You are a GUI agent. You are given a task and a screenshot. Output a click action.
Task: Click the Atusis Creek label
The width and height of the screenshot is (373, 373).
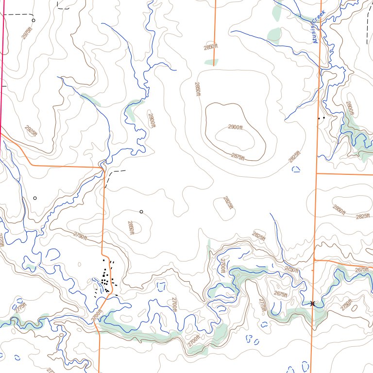(x=319, y=27)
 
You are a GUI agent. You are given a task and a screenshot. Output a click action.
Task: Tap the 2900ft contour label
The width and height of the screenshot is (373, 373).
(x=235, y=127)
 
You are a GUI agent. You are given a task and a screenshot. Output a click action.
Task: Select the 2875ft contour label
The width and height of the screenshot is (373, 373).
(x=238, y=156)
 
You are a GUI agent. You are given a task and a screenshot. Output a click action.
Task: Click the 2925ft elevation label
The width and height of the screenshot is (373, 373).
(x=31, y=131)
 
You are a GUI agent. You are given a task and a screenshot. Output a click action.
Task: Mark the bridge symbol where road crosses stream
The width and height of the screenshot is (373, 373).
(x=312, y=304)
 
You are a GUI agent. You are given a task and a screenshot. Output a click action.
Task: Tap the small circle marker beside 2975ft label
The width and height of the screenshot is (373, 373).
(x=34, y=20)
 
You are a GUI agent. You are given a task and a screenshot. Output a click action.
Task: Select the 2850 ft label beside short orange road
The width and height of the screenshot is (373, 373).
(x=211, y=47)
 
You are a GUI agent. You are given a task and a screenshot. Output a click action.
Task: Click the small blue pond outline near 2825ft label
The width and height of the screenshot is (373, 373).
(x=296, y=169)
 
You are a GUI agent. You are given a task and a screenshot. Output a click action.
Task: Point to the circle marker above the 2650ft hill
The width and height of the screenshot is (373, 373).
(x=141, y=212)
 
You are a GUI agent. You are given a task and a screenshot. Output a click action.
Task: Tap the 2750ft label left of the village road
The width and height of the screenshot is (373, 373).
(x=80, y=236)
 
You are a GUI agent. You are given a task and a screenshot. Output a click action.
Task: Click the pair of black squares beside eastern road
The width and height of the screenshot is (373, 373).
(x=321, y=118)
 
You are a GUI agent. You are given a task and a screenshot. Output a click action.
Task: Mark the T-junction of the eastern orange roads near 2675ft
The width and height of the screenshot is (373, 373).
(x=314, y=260)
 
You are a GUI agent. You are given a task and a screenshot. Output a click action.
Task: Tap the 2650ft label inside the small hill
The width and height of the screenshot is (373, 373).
(x=131, y=228)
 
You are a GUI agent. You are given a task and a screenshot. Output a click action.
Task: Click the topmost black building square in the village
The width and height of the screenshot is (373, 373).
(x=104, y=260)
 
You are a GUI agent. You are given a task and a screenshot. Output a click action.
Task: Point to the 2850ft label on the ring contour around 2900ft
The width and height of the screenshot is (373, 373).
(x=198, y=89)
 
